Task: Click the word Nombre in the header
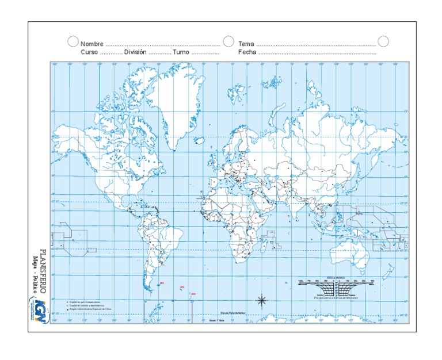pyautogui.click(x=92, y=44)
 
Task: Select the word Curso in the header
pyautogui.click(x=89, y=52)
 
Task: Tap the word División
pyautogui.click(x=135, y=52)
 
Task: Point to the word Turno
pyautogui.click(x=181, y=52)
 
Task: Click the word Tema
pyautogui.click(x=246, y=44)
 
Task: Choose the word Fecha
pyautogui.click(x=247, y=52)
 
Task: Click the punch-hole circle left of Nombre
pyautogui.click(x=73, y=41)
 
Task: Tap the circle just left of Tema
pyautogui.click(x=228, y=41)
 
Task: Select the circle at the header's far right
pyautogui.click(x=383, y=41)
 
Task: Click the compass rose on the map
pyautogui.click(x=261, y=300)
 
